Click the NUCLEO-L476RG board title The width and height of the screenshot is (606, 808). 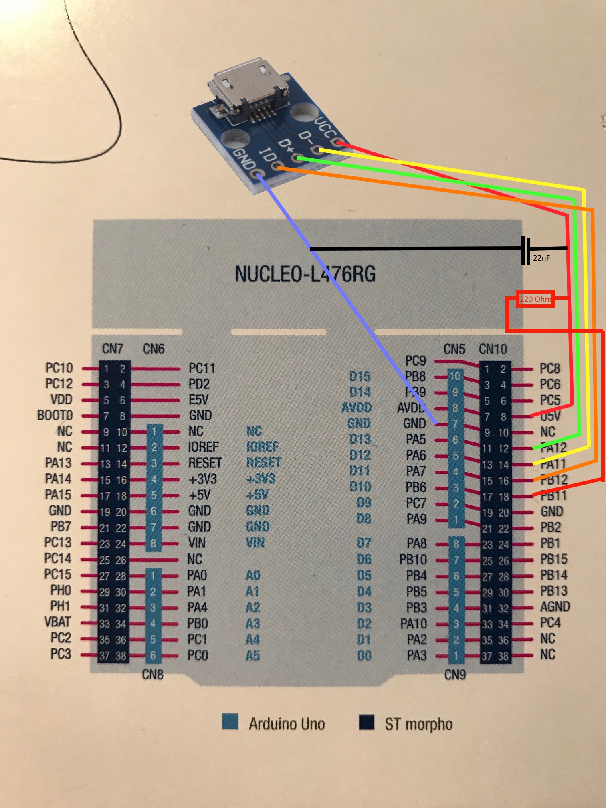[305, 274]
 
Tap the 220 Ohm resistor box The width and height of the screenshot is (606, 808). [535, 299]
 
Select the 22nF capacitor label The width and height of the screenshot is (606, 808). [541, 258]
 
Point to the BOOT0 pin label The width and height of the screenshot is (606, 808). [55, 415]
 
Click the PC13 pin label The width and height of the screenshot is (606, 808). [58, 543]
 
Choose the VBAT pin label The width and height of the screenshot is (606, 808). [57, 622]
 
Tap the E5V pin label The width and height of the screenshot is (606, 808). [199, 400]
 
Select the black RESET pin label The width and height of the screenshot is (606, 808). [205, 463]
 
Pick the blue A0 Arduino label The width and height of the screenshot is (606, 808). [253, 576]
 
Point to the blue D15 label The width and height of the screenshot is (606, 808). [360, 376]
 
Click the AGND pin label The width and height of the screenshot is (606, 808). [555, 607]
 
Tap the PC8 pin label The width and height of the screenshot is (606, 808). [549, 369]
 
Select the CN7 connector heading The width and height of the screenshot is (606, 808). [113, 349]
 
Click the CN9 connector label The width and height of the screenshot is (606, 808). [455, 675]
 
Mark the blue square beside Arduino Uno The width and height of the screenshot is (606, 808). [230, 722]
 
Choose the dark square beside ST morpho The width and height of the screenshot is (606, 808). [367, 722]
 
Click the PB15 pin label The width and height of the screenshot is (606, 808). [554, 559]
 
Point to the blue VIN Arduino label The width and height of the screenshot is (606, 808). [255, 543]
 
